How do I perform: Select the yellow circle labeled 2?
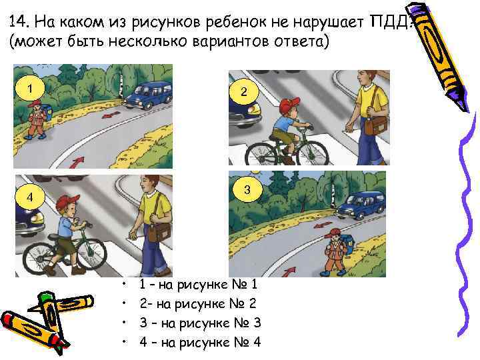coord(244,93)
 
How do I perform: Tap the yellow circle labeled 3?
coord(247,191)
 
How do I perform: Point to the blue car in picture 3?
coord(361,203)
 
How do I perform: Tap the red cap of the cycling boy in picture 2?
coord(290,105)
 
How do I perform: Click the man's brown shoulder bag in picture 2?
coord(379,125)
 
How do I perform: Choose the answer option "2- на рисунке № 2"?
coord(199,304)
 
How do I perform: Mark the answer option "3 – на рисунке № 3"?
coord(199,323)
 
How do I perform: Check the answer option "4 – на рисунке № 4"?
coord(199,343)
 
